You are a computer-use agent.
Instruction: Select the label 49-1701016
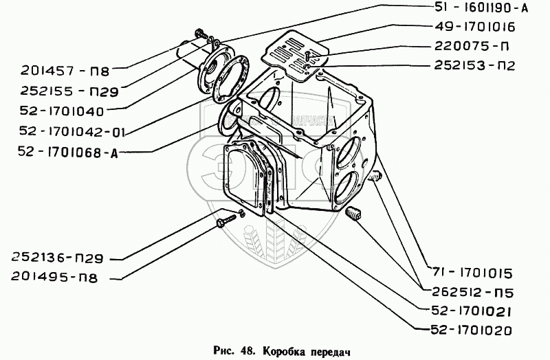pos(474,27)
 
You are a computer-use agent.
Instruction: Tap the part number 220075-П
pos(471,47)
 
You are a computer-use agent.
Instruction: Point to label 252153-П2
pos(474,67)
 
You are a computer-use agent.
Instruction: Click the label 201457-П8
pos(60,69)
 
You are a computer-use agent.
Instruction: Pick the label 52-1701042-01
pos(67,129)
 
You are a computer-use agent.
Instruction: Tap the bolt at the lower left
pos(225,222)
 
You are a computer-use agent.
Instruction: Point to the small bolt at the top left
pos(201,32)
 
